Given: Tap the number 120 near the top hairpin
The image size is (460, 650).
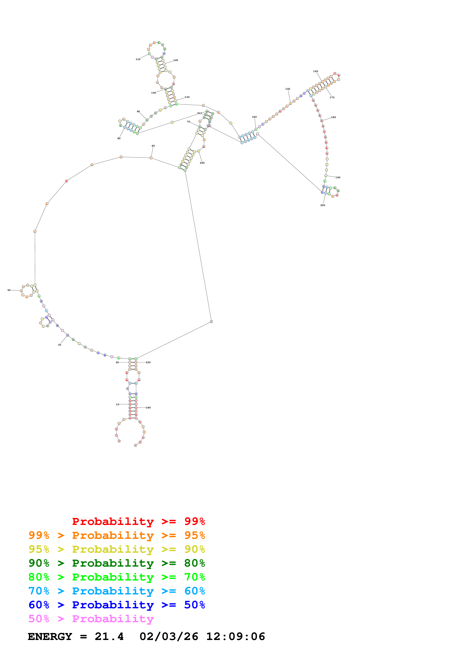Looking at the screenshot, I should [176, 60].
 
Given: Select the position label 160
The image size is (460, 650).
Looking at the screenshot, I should [315, 71].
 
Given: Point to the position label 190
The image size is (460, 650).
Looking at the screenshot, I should [338, 178].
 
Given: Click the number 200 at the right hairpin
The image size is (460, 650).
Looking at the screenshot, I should [323, 205].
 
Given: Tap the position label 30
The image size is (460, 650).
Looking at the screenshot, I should [60, 345].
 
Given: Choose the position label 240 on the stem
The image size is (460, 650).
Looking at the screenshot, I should [148, 408].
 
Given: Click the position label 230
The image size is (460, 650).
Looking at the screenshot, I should [148, 362].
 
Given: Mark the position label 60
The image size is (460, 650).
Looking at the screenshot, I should [153, 146].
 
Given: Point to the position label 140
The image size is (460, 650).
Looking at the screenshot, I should [254, 117].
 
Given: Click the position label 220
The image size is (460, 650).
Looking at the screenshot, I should [202, 163].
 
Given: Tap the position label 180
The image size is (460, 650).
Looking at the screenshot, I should [334, 117].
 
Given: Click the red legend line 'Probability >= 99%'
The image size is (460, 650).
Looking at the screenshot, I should [138, 521].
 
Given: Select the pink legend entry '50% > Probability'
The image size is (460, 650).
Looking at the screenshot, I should [91, 619].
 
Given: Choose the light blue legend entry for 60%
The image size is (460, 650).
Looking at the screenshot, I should [117, 591].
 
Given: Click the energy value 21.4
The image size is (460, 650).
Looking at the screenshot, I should [109, 636].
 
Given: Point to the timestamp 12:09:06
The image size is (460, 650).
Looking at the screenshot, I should [235, 636].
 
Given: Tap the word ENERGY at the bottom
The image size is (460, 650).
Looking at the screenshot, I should [50, 636].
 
